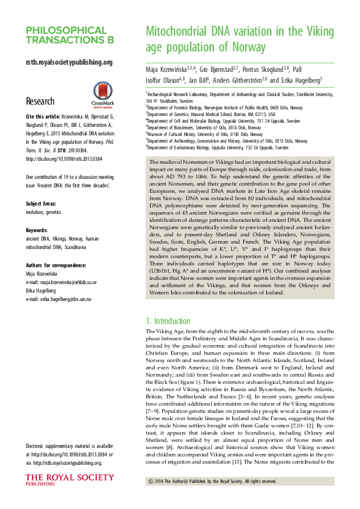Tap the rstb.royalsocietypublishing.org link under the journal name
pos(69,62)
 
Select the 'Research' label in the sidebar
pos(40,101)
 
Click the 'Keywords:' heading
pos(38,230)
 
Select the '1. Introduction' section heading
pos(169,321)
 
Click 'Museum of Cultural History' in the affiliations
pos(176,134)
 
